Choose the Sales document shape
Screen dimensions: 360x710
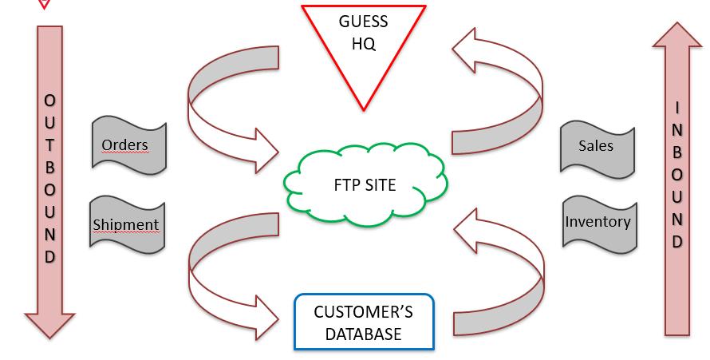point(598,146)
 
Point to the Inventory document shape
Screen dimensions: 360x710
point(599,222)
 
